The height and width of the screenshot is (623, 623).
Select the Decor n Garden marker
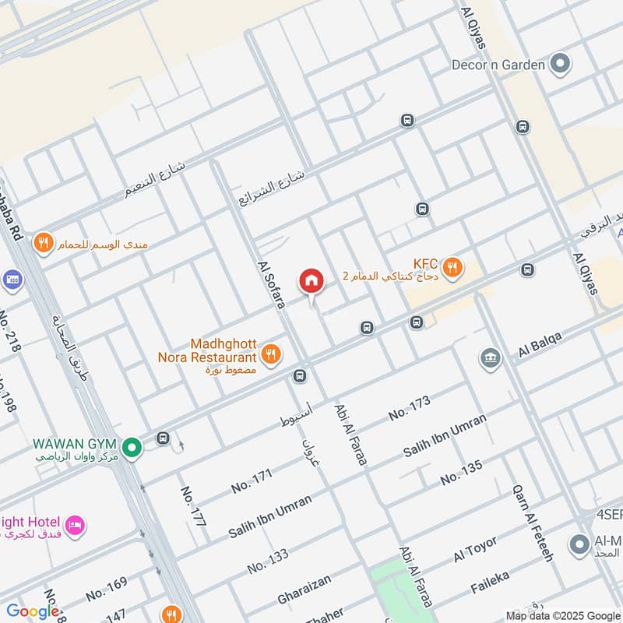(560, 65)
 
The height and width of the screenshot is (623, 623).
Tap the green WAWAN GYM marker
(132, 447)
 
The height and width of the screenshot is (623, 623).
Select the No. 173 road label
(409, 407)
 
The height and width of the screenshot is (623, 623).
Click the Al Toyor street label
(475, 550)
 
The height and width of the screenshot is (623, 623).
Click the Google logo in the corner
(33, 611)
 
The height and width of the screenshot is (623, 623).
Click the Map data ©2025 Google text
(562, 614)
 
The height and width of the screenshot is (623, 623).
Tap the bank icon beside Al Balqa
(490, 358)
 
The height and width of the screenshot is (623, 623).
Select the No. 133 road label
(268, 561)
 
